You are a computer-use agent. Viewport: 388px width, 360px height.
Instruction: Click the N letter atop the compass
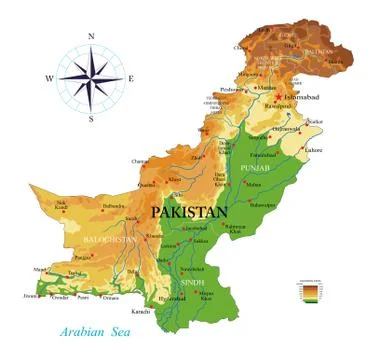pyautogui.click(x=91, y=38)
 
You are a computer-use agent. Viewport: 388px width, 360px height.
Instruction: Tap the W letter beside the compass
pyautogui.click(x=47, y=77)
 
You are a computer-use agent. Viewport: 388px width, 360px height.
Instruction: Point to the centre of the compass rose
pyautogui.click(x=91, y=77)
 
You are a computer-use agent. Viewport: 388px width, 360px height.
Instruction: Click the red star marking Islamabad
pyautogui.click(x=278, y=96)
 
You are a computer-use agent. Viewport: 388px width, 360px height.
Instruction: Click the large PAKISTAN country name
pyautogui.click(x=190, y=212)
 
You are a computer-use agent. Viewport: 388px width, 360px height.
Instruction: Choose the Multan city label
pyautogui.click(x=253, y=184)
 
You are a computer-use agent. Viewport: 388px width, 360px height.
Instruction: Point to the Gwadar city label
pyautogui.click(x=59, y=296)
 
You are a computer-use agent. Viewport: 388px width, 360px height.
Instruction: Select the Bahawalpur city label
pyautogui.click(x=263, y=203)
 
